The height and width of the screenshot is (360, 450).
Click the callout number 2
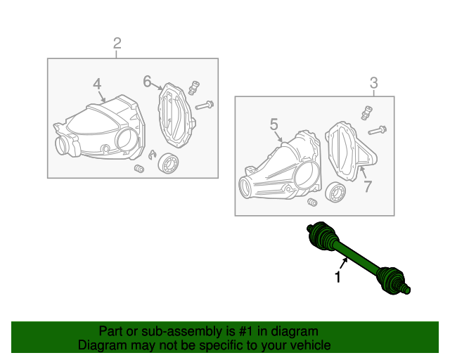(x=117, y=44)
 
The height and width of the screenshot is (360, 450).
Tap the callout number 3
(x=373, y=83)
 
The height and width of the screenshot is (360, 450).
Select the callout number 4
(x=97, y=84)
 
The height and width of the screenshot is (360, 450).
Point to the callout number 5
(x=274, y=124)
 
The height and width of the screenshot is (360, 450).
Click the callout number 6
(x=147, y=82)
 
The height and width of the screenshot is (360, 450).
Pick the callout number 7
(x=368, y=186)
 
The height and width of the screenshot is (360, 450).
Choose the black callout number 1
(x=338, y=277)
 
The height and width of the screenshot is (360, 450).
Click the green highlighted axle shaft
(x=359, y=258)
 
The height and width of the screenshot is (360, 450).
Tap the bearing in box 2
(x=169, y=163)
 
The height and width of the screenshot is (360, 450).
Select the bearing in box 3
(x=335, y=192)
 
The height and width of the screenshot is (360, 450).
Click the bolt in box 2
(x=205, y=105)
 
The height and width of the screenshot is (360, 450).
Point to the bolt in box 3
(x=377, y=130)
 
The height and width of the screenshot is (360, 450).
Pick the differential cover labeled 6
(x=176, y=115)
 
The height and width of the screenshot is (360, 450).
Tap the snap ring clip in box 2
(x=153, y=155)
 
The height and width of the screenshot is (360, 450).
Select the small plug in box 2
(x=139, y=169)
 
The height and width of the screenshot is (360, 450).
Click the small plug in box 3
(x=312, y=202)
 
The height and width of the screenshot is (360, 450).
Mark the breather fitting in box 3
(x=367, y=112)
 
